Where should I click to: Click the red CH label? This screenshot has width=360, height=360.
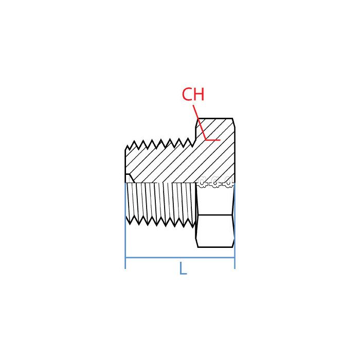pyautogui.click(x=193, y=94)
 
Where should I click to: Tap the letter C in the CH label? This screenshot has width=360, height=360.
pyautogui.click(x=187, y=94)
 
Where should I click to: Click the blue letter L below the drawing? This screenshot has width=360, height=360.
pyautogui.click(x=183, y=268)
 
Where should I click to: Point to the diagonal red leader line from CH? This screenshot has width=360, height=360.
pyautogui.click(x=200, y=122)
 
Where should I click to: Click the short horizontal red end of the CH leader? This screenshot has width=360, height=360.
pyautogui.click(x=213, y=139)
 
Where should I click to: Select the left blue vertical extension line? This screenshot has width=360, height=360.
pyautogui.click(x=125, y=226)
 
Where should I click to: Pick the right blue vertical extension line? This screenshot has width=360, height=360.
pyautogui.click(x=235, y=226)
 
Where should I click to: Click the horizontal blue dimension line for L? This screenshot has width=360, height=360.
pyautogui.click(x=180, y=258)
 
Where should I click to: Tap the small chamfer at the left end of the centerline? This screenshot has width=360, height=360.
pyautogui.click(x=129, y=178)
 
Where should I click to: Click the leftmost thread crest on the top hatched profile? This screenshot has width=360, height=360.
pyautogui.click(x=135, y=141)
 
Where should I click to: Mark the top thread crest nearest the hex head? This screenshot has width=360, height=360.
pyautogui.click(x=189, y=138)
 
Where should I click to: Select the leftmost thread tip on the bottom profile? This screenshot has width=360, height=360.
pyautogui.click(x=130, y=224)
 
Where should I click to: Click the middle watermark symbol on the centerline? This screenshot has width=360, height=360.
pyautogui.click(x=215, y=182)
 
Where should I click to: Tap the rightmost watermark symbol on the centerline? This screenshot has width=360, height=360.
pyautogui.click(x=228, y=182)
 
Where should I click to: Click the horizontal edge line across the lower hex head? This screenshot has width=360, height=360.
pyautogui.click(x=215, y=215)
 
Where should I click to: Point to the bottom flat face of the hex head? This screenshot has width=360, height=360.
pyautogui.click(x=215, y=247)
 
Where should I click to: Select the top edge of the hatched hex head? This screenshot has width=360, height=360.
pyautogui.click(x=215, y=118)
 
